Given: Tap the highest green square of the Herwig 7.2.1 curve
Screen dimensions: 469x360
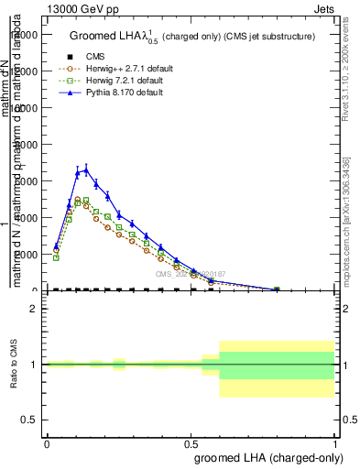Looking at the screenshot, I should pyautogui.click(x=86, y=200).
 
